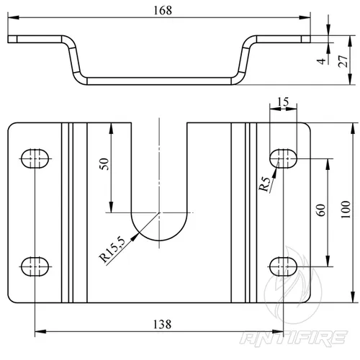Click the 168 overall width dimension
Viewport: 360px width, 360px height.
[163, 11]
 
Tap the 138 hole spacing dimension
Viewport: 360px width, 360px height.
[162, 325]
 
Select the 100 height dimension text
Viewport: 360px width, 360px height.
[346, 210]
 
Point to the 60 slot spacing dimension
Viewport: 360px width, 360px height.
[322, 210]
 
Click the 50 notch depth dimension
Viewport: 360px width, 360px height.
[104, 164]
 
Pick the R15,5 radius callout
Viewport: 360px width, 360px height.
[112, 249]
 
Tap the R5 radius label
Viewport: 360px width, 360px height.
[265, 184]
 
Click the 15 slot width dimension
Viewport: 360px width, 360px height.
[283, 102]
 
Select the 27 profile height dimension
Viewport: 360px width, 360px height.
[343, 61]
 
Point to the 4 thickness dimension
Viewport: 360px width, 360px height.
[321, 61]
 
